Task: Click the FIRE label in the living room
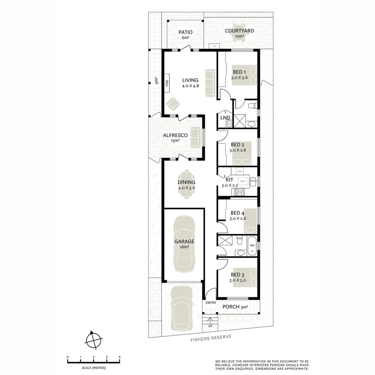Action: point(167,83)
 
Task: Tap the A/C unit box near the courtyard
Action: point(214,46)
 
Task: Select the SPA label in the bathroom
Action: point(252,245)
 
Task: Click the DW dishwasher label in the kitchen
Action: point(239,171)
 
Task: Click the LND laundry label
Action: point(225,118)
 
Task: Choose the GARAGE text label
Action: point(184,241)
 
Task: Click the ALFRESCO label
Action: point(175,135)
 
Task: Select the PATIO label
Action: point(185,32)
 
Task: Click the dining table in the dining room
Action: point(186,184)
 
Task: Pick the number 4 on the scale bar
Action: point(119,357)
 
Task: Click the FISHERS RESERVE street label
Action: point(211,338)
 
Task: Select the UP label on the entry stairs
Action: point(210,326)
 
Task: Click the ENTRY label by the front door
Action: point(210,303)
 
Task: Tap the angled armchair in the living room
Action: point(173,103)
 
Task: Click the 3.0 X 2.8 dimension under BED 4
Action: point(237,219)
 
